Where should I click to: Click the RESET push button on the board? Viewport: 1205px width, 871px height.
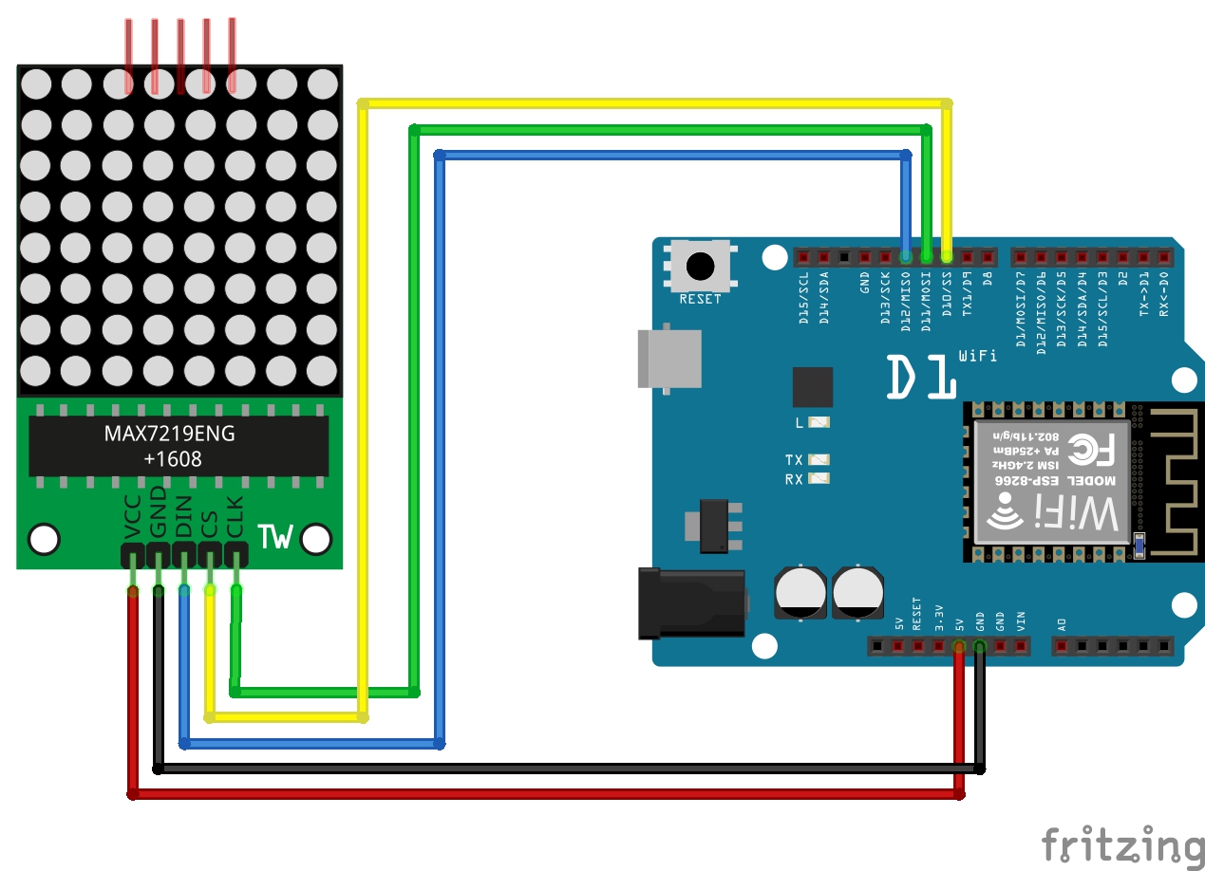(x=701, y=266)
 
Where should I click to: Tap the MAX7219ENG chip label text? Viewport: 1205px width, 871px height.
(x=169, y=435)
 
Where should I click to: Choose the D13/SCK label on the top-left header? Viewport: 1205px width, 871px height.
(x=885, y=297)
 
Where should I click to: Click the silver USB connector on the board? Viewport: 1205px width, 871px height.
(x=670, y=359)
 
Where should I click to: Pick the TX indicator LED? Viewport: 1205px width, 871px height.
(x=819, y=460)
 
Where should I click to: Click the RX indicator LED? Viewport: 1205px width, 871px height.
(x=819, y=479)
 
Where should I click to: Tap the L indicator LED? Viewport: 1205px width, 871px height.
(x=819, y=422)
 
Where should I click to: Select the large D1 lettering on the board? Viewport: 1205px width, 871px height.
(x=921, y=377)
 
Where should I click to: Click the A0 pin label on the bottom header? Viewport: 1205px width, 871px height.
(x=1062, y=624)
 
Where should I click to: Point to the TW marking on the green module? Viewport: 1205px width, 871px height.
(x=275, y=537)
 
